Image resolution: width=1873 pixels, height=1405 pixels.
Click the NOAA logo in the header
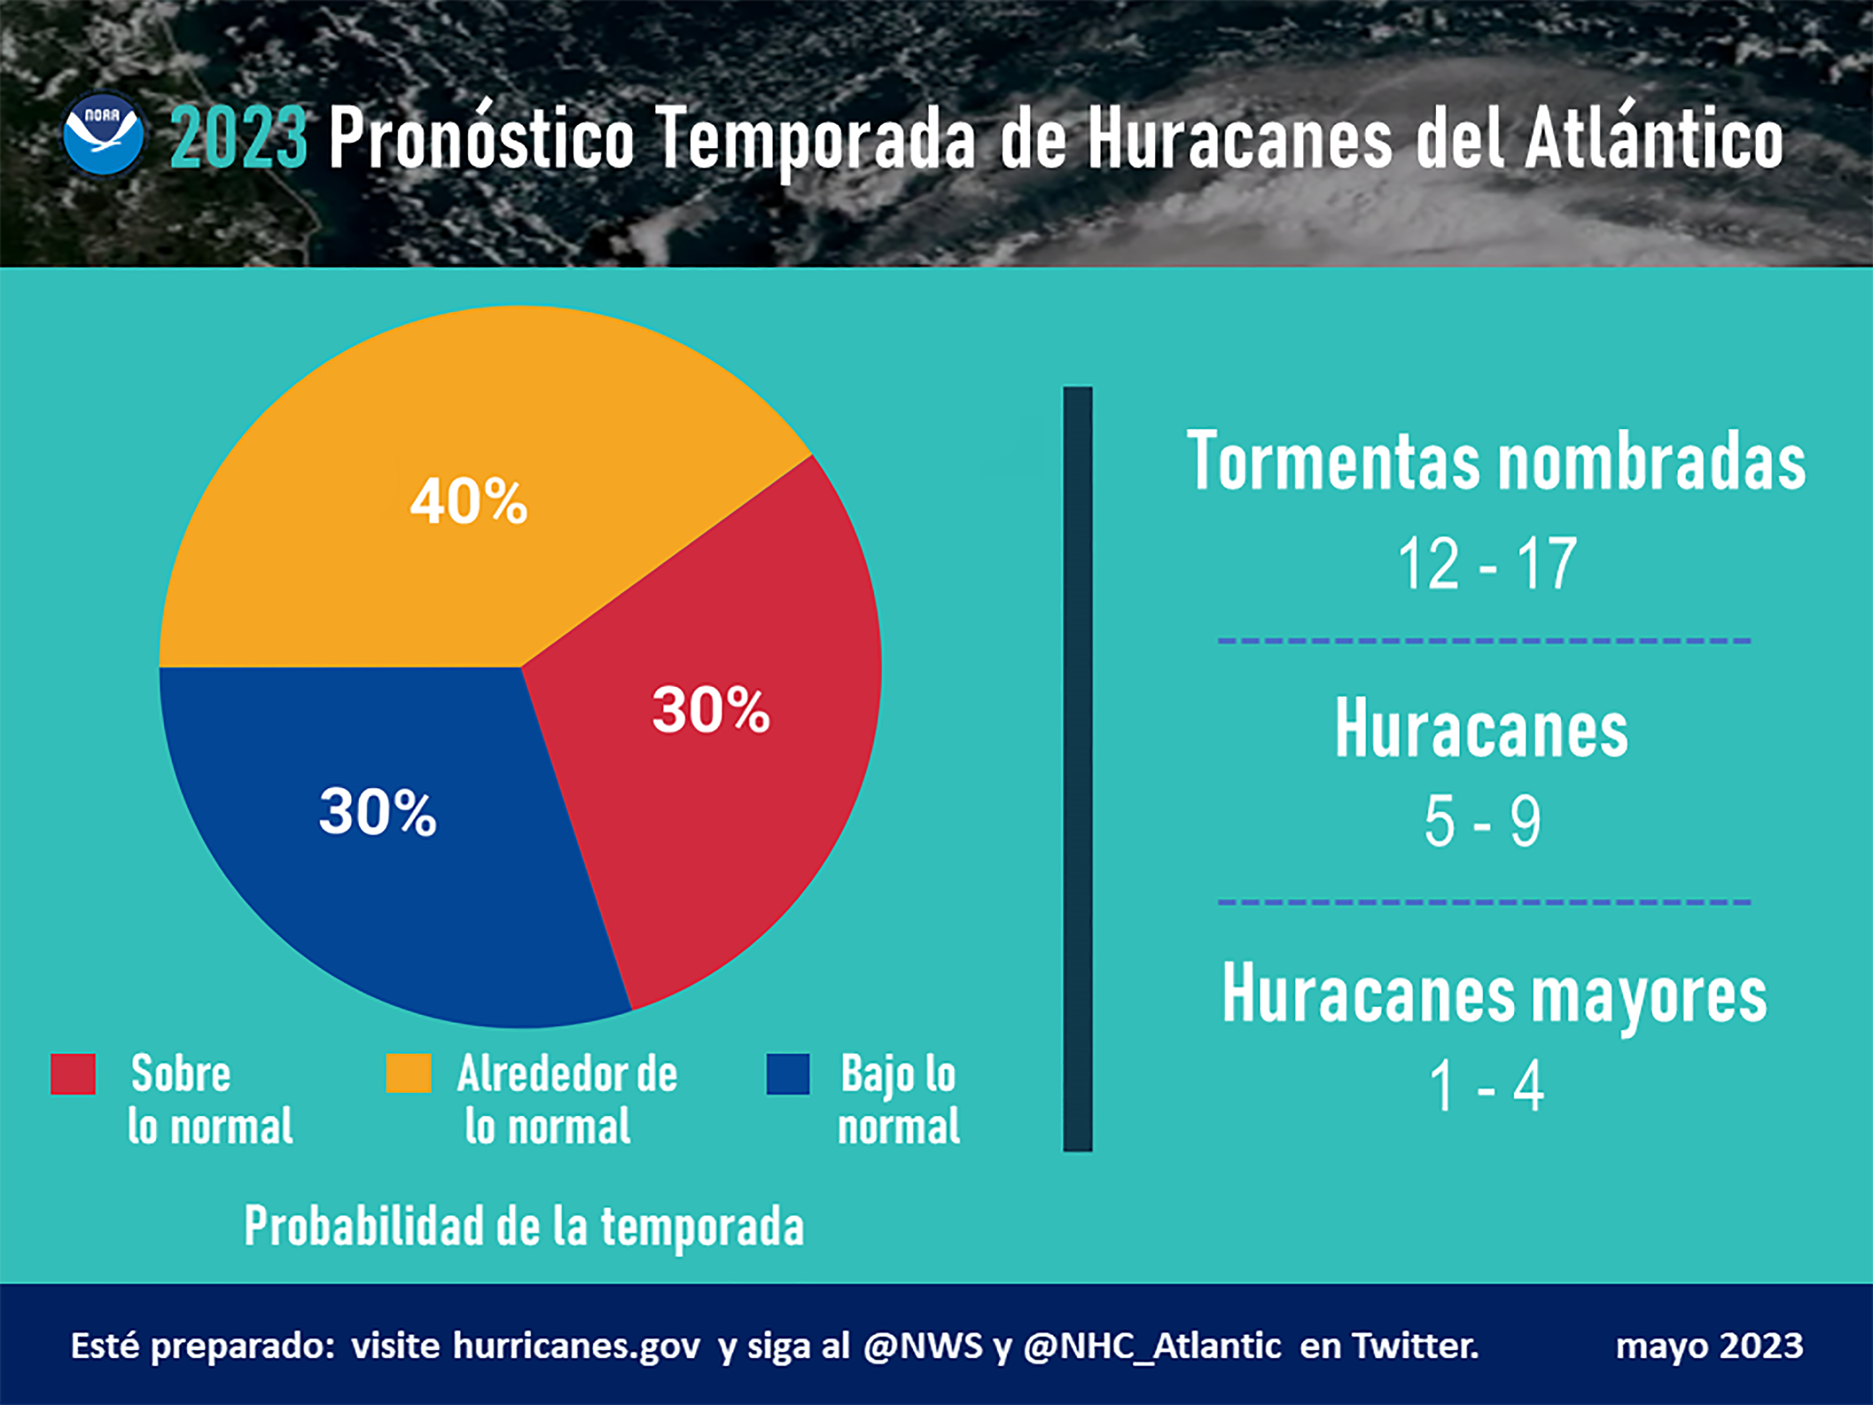[x=103, y=134]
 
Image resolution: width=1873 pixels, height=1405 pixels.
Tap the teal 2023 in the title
[x=238, y=137]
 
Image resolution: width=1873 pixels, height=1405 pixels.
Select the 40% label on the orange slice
[x=469, y=501]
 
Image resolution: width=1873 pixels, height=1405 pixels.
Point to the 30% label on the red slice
[x=710, y=710]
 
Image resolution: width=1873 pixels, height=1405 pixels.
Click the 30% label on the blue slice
[x=378, y=812]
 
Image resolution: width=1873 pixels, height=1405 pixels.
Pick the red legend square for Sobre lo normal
[x=73, y=1074]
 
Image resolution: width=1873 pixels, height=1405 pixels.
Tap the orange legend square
[x=408, y=1074]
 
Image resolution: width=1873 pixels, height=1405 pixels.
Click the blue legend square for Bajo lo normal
[x=787, y=1074]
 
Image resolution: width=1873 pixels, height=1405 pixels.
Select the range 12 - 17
[x=1487, y=564]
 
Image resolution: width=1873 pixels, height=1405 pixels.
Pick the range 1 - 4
[x=1487, y=1087]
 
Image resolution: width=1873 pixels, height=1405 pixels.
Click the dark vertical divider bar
[x=1077, y=768]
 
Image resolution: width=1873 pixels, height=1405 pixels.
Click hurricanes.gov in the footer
[x=577, y=1346]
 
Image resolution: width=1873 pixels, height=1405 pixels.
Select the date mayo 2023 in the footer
[x=1709, y=1346]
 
